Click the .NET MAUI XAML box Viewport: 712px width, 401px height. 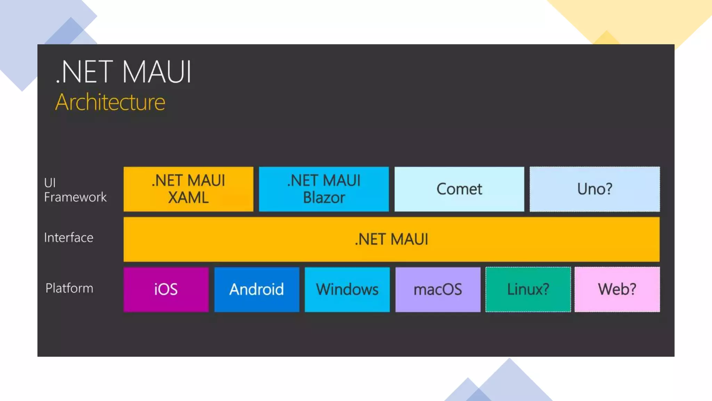188,189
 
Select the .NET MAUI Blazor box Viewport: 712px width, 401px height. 324,189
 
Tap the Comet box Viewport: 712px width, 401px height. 459,189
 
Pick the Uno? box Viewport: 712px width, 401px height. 594,189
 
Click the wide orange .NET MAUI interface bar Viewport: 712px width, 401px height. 391,239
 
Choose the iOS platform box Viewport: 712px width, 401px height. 166,289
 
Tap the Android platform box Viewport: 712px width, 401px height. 257,289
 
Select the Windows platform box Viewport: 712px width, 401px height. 347,289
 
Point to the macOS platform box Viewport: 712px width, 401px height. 438,289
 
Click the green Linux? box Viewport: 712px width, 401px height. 528,289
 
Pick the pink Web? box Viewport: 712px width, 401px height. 617,289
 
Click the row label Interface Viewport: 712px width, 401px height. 68,238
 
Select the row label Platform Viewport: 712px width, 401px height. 69,288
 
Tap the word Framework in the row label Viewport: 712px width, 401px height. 75,197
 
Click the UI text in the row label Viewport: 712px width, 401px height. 50,183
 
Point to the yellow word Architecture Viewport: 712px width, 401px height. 110,102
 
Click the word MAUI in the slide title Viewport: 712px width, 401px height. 156,72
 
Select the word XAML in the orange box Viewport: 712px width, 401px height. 188,198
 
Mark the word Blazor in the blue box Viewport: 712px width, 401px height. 324,198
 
